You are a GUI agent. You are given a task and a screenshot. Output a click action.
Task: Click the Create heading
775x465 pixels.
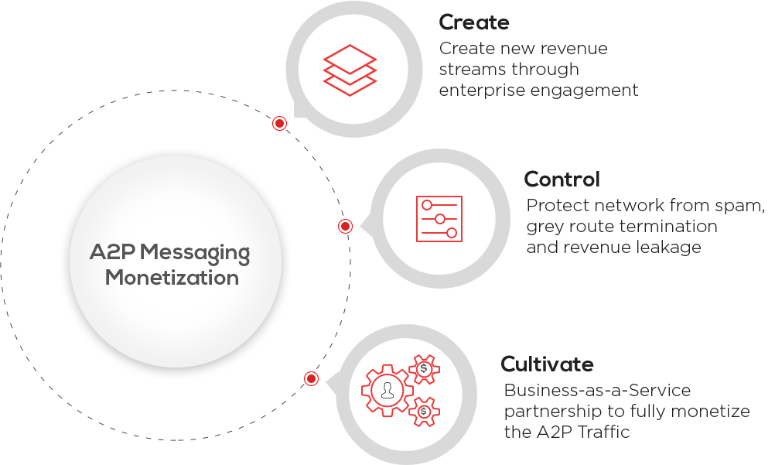[x=474, y=22]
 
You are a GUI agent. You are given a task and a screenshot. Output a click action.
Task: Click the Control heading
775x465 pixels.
[x=562, y=180]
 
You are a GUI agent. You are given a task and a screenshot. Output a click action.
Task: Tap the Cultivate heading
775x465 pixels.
[x=548, y=364]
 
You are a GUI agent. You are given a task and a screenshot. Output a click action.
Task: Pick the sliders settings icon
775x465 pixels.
[x=439, y=219]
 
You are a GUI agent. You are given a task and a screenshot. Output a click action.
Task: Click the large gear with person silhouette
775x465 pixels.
[x=387, y=391]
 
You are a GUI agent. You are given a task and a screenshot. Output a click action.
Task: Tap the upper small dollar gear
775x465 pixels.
[x=424, y=369]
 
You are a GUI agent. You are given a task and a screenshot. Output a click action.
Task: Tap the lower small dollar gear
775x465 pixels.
[x=424, y=411]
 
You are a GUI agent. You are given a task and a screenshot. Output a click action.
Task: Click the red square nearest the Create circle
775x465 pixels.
[x=279, y=123]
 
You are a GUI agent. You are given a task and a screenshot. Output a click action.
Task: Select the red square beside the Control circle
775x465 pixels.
[x=346, y=226]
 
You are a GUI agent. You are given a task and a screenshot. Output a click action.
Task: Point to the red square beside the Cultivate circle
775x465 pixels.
[x=312, y=378]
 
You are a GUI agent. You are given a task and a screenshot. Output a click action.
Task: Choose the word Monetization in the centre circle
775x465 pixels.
[x=172, y=277]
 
